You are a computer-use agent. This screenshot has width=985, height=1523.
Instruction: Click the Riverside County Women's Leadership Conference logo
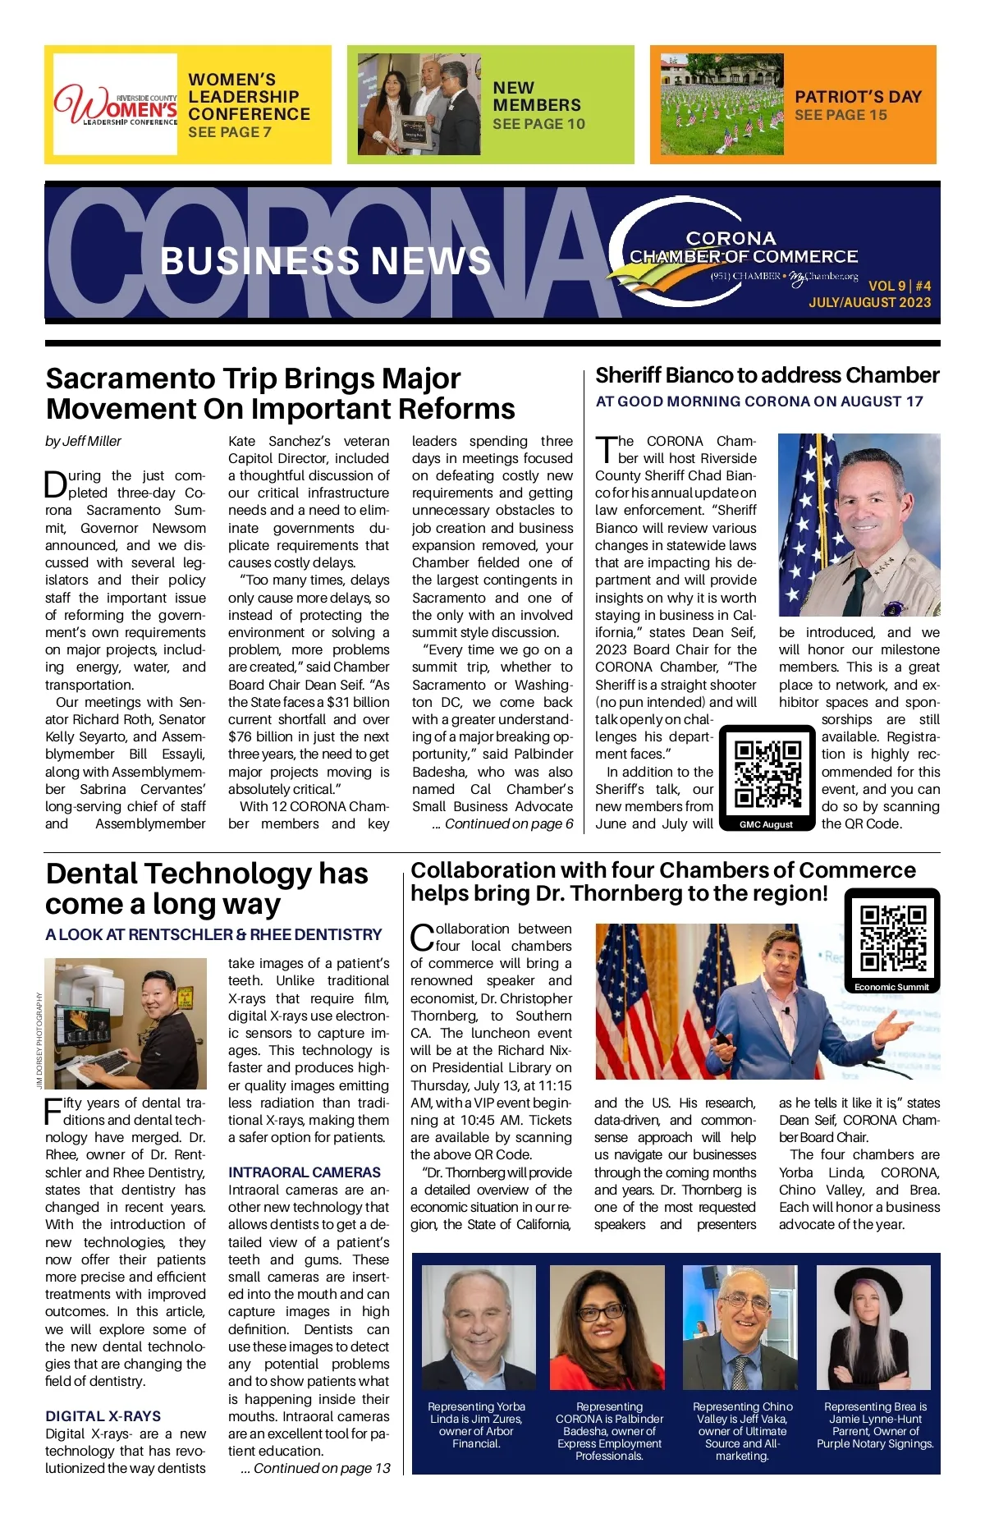[x=116, y=105]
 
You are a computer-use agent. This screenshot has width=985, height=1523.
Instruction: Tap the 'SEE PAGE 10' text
[x=538, y=124]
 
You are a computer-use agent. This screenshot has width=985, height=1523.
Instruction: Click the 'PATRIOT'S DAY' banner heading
[x=858, y=97]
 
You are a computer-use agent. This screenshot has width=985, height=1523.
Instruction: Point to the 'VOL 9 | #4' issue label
[x=900, y=286]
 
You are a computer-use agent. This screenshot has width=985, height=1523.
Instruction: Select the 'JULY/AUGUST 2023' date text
[x=869, y=302]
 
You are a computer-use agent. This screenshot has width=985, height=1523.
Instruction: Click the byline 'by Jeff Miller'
[x=83, y=442]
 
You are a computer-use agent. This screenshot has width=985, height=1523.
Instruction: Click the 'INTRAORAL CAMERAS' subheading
[x=305, y=1172]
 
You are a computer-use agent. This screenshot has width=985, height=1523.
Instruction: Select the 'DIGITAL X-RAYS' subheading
[x=103, y=1416]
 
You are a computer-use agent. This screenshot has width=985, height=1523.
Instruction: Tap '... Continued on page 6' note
[x=502, y=823]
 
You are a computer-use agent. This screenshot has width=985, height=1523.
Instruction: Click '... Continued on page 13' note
[x=315, y=1468]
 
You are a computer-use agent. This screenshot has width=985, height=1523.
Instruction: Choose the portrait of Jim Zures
[x=478, y=1328]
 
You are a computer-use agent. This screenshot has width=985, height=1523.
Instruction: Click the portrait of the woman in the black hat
[x=873, y=1328]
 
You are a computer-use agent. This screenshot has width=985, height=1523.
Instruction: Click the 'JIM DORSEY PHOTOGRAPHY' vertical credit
[x=39, y=1040]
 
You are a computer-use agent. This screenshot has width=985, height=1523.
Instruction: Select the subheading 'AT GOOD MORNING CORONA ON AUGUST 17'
[x=759, y=401]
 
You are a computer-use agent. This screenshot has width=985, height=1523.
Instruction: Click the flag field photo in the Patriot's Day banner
[x=722, y=104]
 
